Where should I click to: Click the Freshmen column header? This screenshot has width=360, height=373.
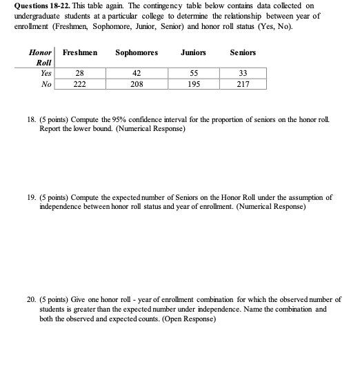(79, 53)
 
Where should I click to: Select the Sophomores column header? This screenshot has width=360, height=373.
(137, 53)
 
